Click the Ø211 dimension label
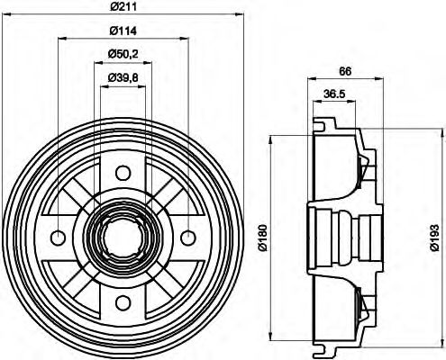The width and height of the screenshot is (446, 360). (123, 7)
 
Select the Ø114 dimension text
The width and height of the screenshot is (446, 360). (123, 31)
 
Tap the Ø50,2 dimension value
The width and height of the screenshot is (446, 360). (123, 55)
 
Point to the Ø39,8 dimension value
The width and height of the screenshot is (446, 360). (123, 78)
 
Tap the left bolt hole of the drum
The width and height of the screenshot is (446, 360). (58, 238)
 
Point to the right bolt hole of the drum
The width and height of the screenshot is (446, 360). (187, 238)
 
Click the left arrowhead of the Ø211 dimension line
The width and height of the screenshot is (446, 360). (6, 15)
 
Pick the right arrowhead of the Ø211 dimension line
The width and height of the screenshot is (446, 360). (240, 15)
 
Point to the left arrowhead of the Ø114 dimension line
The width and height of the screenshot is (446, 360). (60, 39)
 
